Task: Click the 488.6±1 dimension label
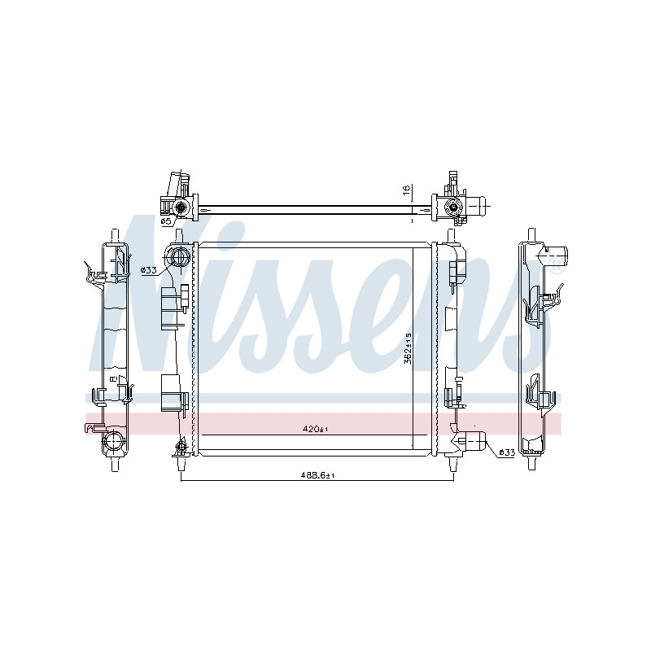317,475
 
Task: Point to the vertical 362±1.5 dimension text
408,348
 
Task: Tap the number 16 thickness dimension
406,190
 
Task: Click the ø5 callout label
166,221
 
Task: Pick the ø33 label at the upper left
148,270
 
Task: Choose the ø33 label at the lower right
507,452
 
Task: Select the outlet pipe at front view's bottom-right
474,440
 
